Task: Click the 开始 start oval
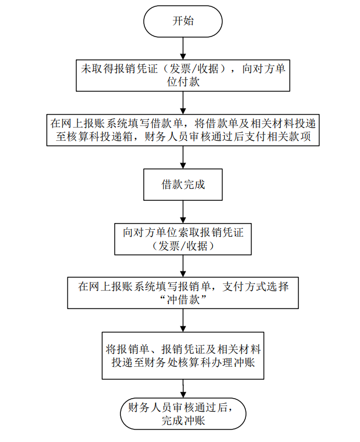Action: click(183, 22)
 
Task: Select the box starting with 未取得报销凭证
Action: click(183, 75)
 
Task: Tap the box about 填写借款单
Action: click(183, 129)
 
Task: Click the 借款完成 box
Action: click(183, 184)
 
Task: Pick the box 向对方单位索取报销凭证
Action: click(183, 239)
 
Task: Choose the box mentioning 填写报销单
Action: click(183, 293)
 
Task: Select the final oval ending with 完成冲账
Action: click(183, 413)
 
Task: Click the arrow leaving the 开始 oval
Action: click(183, 48)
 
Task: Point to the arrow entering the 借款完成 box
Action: click(183, 157)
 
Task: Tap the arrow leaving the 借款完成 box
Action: click(183, 212)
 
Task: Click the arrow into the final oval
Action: click(183, 389)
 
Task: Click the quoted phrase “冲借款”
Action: click(183, 300)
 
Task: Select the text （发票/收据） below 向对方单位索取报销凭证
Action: click(183, 246)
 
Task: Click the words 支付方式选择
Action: click(256, 286)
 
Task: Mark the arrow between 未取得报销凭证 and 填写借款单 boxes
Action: click(183, 103)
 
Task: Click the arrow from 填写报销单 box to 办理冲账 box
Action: click(183, 321)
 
